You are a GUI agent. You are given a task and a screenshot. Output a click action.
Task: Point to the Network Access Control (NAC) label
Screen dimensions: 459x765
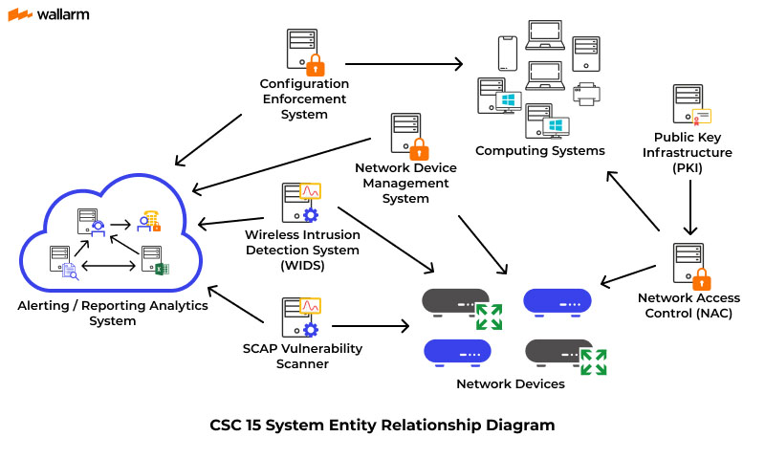pyautogui.click(x=688, y=305)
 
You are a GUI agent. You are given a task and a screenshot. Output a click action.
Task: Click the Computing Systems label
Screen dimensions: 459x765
pyautogui.click(x=540, y=150)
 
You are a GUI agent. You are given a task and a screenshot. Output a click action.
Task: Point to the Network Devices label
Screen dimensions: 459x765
pyautogui.click(x=511, y=383)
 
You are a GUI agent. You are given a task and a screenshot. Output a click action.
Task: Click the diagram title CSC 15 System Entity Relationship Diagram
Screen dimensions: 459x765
pyautogui.click(x=382, y=424)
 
